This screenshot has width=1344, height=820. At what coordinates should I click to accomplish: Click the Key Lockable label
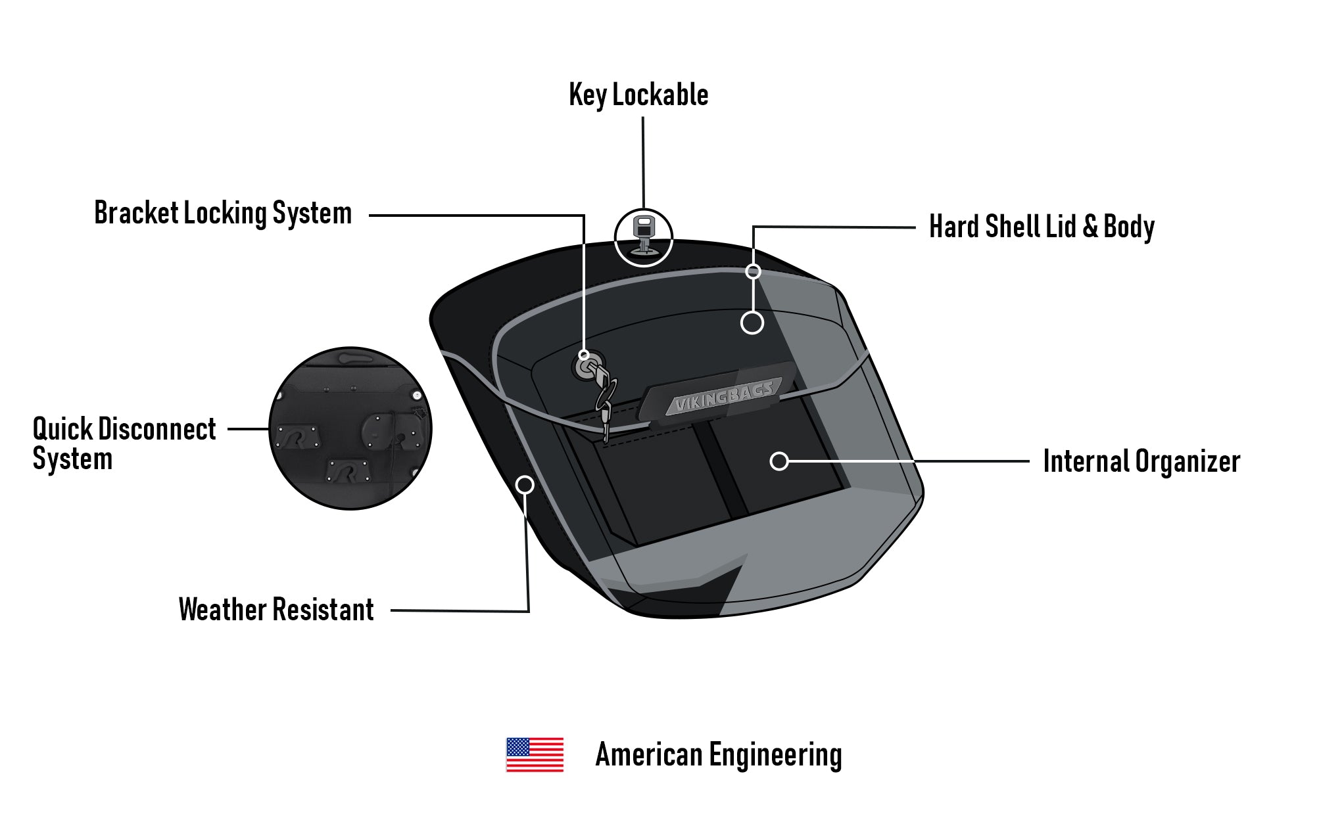click(638, 95)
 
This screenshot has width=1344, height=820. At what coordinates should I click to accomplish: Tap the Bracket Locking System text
click(223, 214)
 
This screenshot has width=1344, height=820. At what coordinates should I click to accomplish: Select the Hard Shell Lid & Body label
click(1042, 227)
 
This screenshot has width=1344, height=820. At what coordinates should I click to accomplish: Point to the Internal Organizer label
click(1141, 461)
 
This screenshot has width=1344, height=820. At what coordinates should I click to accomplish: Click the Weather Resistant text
click(276, 610)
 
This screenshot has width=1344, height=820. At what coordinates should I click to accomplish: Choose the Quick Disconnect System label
click(124, 444)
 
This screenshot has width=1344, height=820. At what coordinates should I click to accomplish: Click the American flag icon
click(535, 754)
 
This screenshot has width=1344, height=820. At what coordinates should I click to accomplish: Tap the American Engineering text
click(718, 754)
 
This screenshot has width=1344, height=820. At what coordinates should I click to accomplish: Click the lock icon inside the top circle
click(643, 235)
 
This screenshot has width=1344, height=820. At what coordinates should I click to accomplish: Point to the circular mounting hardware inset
click(350, 428)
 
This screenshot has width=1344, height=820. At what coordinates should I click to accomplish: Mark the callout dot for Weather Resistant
click(525, 485)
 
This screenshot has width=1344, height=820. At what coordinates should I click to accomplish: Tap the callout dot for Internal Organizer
click(779, 461)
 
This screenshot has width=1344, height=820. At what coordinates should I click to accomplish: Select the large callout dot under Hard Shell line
click(752, 323)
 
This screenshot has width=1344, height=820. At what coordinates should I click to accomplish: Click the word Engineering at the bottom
click(775, 754)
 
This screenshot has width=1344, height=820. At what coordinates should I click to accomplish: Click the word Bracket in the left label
click(136, 214)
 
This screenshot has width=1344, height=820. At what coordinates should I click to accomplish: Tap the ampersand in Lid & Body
click(1090, 227)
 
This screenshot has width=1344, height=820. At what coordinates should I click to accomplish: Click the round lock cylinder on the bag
click(584, 367)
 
